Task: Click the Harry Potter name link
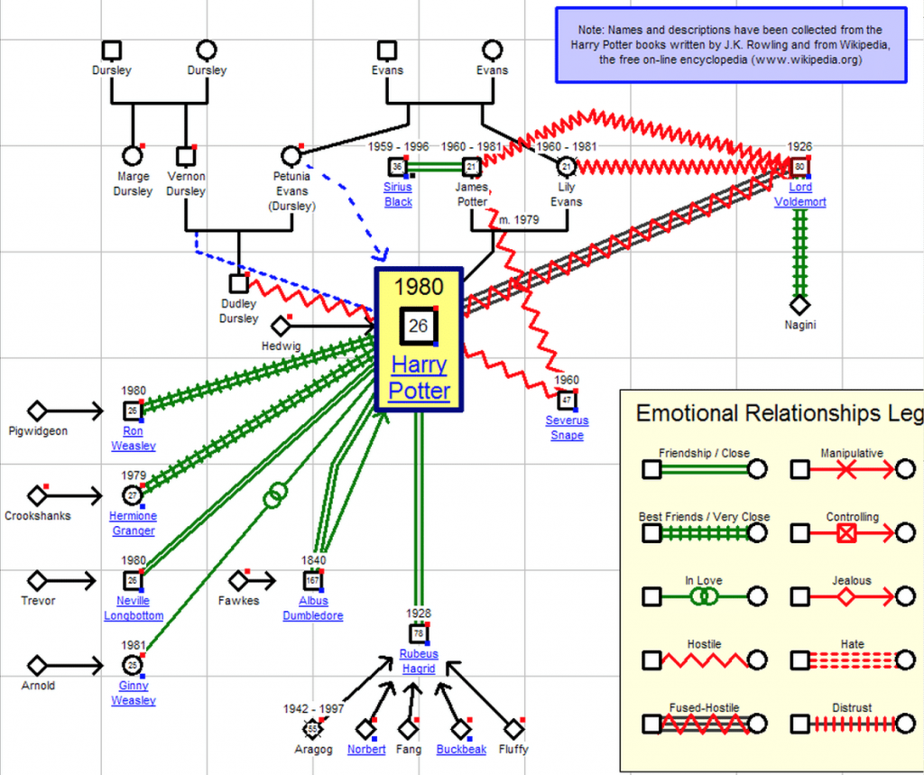420,378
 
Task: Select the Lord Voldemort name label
799,195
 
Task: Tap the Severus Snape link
566,428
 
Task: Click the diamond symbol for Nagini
799,305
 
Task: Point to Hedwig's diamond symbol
281,326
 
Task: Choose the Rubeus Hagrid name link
418,661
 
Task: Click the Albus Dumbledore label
312,608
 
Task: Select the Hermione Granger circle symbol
132,495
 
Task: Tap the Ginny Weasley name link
133,693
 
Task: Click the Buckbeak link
461,749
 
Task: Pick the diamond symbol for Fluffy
513,729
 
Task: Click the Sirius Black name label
398,195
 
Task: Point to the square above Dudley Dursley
238,283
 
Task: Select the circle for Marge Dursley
133,157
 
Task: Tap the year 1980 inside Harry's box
419,288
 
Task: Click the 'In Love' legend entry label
703,581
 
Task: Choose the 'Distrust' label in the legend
853,707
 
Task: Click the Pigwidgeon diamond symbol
37,411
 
